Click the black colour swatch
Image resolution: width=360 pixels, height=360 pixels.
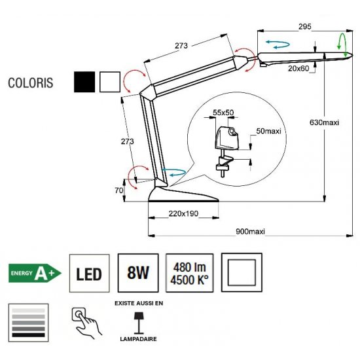84,82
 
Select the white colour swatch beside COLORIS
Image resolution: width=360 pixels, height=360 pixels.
110,82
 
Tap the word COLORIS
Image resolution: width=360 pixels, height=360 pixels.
31,83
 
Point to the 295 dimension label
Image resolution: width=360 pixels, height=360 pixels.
304,27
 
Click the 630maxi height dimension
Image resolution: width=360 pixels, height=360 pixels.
324,122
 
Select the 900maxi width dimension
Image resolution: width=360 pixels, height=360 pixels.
250,231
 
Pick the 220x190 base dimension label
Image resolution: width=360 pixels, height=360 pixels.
183,213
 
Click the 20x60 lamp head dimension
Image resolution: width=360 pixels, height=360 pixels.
298,68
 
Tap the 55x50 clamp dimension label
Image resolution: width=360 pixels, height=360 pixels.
223,113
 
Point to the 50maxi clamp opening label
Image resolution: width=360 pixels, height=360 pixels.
268,131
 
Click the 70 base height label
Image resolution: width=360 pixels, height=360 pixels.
119,190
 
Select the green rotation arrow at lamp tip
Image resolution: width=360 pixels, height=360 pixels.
342,45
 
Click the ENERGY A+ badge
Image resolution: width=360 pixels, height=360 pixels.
35,273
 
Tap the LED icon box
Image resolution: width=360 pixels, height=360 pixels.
89,273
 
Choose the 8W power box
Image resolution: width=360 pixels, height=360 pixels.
138,273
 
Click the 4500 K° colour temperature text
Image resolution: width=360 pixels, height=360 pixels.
189,280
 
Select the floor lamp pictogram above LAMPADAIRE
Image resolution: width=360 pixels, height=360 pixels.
139,323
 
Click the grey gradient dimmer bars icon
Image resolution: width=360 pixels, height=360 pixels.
28,323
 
